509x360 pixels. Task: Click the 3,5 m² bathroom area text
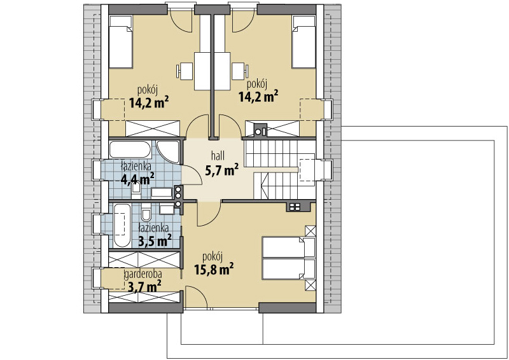155,240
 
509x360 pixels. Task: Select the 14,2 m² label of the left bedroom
149,102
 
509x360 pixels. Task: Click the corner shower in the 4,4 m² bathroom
169,151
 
